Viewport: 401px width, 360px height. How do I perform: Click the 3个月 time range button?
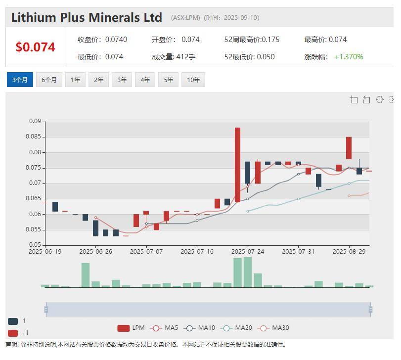coord(20,80)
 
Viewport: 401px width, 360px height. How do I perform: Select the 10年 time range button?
coord(193,80)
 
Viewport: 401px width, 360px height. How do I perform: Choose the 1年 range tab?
coord(75,80)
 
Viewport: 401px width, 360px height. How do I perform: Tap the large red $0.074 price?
coord(35,47)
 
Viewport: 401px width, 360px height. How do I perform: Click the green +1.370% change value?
coord(349,57)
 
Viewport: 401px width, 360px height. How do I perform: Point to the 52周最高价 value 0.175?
coord(270,40)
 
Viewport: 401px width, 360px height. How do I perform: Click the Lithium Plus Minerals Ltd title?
coord(87,17)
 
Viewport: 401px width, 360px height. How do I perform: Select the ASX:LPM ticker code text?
coord(185,18)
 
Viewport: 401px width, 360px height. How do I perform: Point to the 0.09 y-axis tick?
coord(35,121)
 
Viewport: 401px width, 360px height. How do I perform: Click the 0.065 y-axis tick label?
coord(33,198)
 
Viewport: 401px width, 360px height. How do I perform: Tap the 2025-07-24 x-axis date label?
coord(248,251)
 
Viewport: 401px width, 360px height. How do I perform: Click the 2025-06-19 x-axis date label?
coord(45,251)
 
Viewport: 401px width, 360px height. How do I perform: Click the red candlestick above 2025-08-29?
coord(349,148)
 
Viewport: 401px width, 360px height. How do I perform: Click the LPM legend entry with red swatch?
coord(131,328)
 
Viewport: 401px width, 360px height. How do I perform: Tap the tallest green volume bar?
coord(248,272)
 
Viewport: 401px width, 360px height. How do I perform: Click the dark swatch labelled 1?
coord(13,321)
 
